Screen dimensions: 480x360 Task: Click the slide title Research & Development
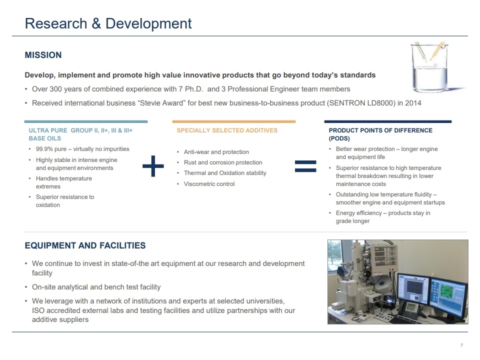tap(108, 23)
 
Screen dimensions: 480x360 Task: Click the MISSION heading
tap(43, 55)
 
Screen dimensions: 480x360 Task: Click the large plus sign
tap(153, 166)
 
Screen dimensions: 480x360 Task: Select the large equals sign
tap(305, 166)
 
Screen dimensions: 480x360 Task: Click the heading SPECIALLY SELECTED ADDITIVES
tap(227, 130)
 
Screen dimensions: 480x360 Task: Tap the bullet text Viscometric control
tap(209, 184)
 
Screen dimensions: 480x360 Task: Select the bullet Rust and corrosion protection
tap(223, 162)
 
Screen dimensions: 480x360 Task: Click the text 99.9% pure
tap(51, 149)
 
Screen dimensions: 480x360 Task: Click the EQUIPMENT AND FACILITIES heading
tap(85, 245)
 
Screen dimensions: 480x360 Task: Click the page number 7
tap(461, 345)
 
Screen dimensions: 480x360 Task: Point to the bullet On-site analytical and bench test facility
tap(96, 287)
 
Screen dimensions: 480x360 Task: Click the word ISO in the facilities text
tap(38, 310)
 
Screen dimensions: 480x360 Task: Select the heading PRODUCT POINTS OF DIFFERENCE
tap(380, 130)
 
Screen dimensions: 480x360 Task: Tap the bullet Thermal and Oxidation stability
tap(225, 173)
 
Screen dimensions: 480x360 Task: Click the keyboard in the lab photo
tap(407, 319)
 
